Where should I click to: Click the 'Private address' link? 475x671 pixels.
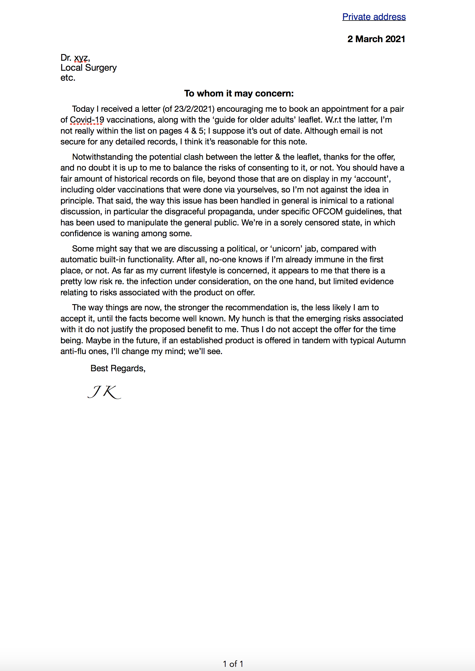(374, 17)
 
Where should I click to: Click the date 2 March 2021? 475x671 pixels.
(376, 39)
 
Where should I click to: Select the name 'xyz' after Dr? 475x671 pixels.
(81, 58)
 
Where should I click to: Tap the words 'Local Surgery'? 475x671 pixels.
(88, 68)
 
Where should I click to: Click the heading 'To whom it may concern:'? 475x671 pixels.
(239, 93)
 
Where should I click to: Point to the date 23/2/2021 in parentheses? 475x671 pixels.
(193, 109)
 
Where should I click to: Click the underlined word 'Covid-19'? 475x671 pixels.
(87, 120)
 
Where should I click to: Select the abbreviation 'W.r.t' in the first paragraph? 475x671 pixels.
(333, 120)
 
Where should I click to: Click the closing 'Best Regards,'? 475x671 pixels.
(118, 368)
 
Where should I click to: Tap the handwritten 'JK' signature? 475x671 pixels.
(104, 392)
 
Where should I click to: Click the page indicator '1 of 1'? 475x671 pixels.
(233, 664)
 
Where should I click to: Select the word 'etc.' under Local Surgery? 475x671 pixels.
(68, 78)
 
